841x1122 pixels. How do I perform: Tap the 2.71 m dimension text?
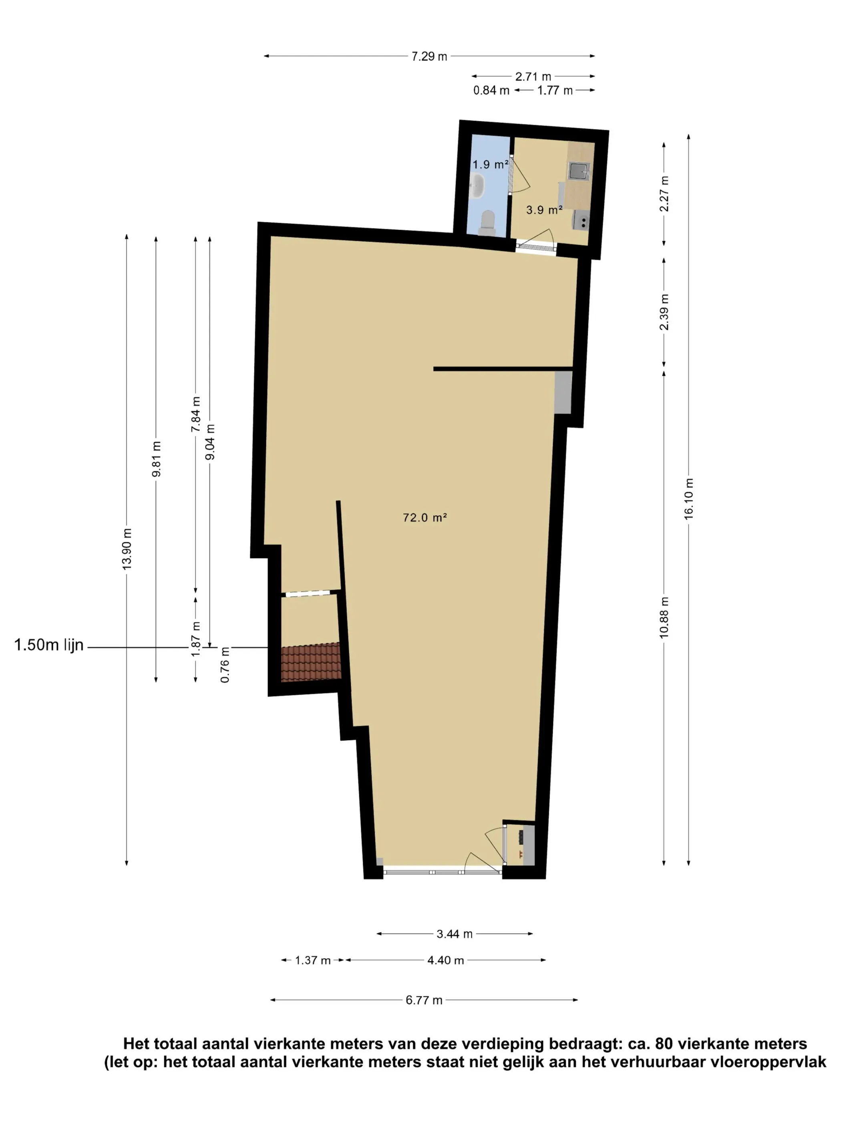533,77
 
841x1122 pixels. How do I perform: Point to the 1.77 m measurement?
555,90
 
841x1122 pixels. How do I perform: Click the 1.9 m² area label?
490,164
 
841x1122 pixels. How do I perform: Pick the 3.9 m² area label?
544,210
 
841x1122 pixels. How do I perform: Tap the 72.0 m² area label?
424,517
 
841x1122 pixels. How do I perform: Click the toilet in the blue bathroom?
487,223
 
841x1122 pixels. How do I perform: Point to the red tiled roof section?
310,662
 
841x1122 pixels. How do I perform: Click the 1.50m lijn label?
49,645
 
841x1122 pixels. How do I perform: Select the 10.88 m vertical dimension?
664,618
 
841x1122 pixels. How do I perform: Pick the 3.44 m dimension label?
454,934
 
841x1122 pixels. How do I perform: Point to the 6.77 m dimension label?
424,1000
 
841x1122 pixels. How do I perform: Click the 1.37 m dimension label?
313,960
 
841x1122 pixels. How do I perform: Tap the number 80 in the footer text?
664,1043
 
